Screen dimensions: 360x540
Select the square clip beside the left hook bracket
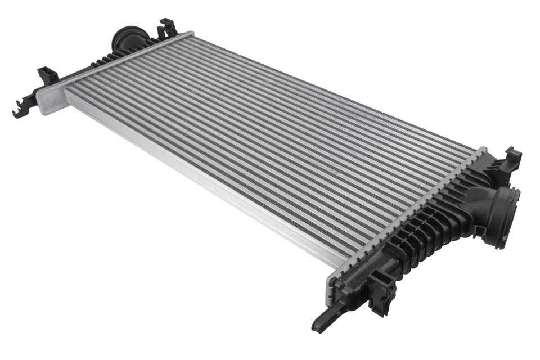click(47, 75)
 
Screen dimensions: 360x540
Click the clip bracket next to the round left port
click(167, 28)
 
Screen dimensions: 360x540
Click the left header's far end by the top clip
click(188, 35)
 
